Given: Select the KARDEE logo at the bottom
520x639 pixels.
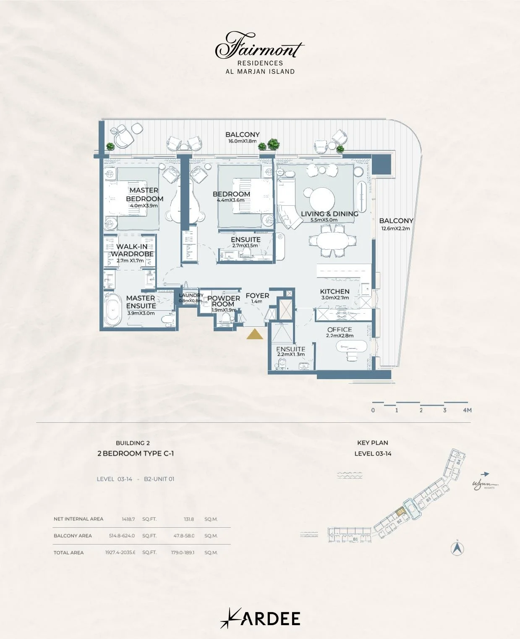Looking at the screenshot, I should pyautogui.click(x=260, y=618).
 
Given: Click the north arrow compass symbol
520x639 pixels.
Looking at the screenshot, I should pyautogui.click(x=457, y=548).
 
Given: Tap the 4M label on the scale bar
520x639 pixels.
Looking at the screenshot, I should pyautogui.click(x=467, y=410).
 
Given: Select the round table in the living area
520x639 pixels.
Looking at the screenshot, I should pyautogui.click(x=322, y=198).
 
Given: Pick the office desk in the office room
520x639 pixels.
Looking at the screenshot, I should pyautogui.click(x=352, y=347).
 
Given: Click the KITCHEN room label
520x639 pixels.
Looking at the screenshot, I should pyautogui.click(x=334, y=291).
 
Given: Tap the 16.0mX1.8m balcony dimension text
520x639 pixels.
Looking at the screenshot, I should pyautogui.click(x=242, y=141).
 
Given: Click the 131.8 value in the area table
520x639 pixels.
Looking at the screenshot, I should pyautogui.click(x=189, y=519).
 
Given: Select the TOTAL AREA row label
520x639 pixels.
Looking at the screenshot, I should pyautogui.click(x=68, y=553).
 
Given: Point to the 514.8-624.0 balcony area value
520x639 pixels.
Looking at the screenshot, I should pyautogui.click(x=122, y=536).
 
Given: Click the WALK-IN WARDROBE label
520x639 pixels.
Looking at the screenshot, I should pyautogui.click(x=132, y=250).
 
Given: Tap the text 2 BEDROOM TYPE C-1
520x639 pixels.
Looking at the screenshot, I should pyautogui.click(x=136, y=453).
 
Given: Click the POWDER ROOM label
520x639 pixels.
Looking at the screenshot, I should pyautogui.click(x=223, y=301).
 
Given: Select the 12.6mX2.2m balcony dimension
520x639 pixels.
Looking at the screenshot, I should pyautogui.click(x=395, y=229).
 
